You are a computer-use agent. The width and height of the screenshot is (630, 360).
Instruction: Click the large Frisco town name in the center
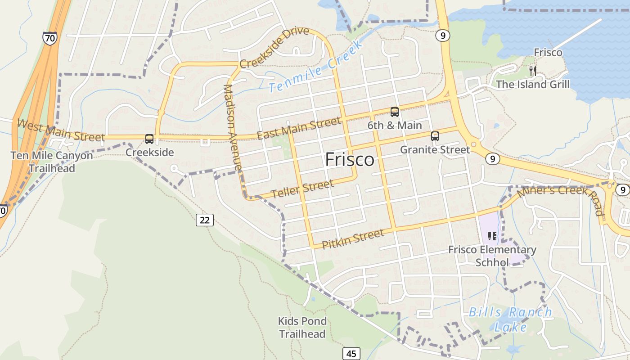pos(350,160)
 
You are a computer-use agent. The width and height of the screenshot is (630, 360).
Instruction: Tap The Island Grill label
pos(532,84)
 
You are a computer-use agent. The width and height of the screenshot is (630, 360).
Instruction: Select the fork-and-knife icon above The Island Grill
pos(533,71)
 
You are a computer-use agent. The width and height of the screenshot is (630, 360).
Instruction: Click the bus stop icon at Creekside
pos(149,139)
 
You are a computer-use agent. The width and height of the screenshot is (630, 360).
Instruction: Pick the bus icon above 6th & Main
pos(395,112)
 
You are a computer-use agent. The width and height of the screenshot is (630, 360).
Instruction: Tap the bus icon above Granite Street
pos(435,136)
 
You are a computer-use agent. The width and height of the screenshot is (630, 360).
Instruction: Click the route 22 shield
pos(205,220)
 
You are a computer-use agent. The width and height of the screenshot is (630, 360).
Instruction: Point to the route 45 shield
pos(351,353)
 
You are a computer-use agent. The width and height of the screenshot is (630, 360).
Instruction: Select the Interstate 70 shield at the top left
pos(50,38)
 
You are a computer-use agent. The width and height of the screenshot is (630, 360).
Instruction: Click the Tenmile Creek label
pos(316,67)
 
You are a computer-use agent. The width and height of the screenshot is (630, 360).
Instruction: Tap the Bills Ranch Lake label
pos(510,319)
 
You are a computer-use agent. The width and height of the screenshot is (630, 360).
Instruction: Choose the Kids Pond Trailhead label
pos(302,328)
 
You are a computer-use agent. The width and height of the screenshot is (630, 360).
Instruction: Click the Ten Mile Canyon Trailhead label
pos(52,162)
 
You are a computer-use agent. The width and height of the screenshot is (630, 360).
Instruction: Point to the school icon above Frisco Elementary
pos(492,236)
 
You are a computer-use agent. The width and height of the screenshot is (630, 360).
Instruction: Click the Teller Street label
pos(302,189)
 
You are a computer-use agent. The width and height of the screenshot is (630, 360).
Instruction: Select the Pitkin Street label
pos(353,238)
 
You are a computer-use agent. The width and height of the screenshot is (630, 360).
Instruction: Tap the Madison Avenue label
pos(233,127)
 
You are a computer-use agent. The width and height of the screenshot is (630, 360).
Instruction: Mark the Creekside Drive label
pos(274,47)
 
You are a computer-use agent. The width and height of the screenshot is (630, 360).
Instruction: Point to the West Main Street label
pos(60,130)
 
